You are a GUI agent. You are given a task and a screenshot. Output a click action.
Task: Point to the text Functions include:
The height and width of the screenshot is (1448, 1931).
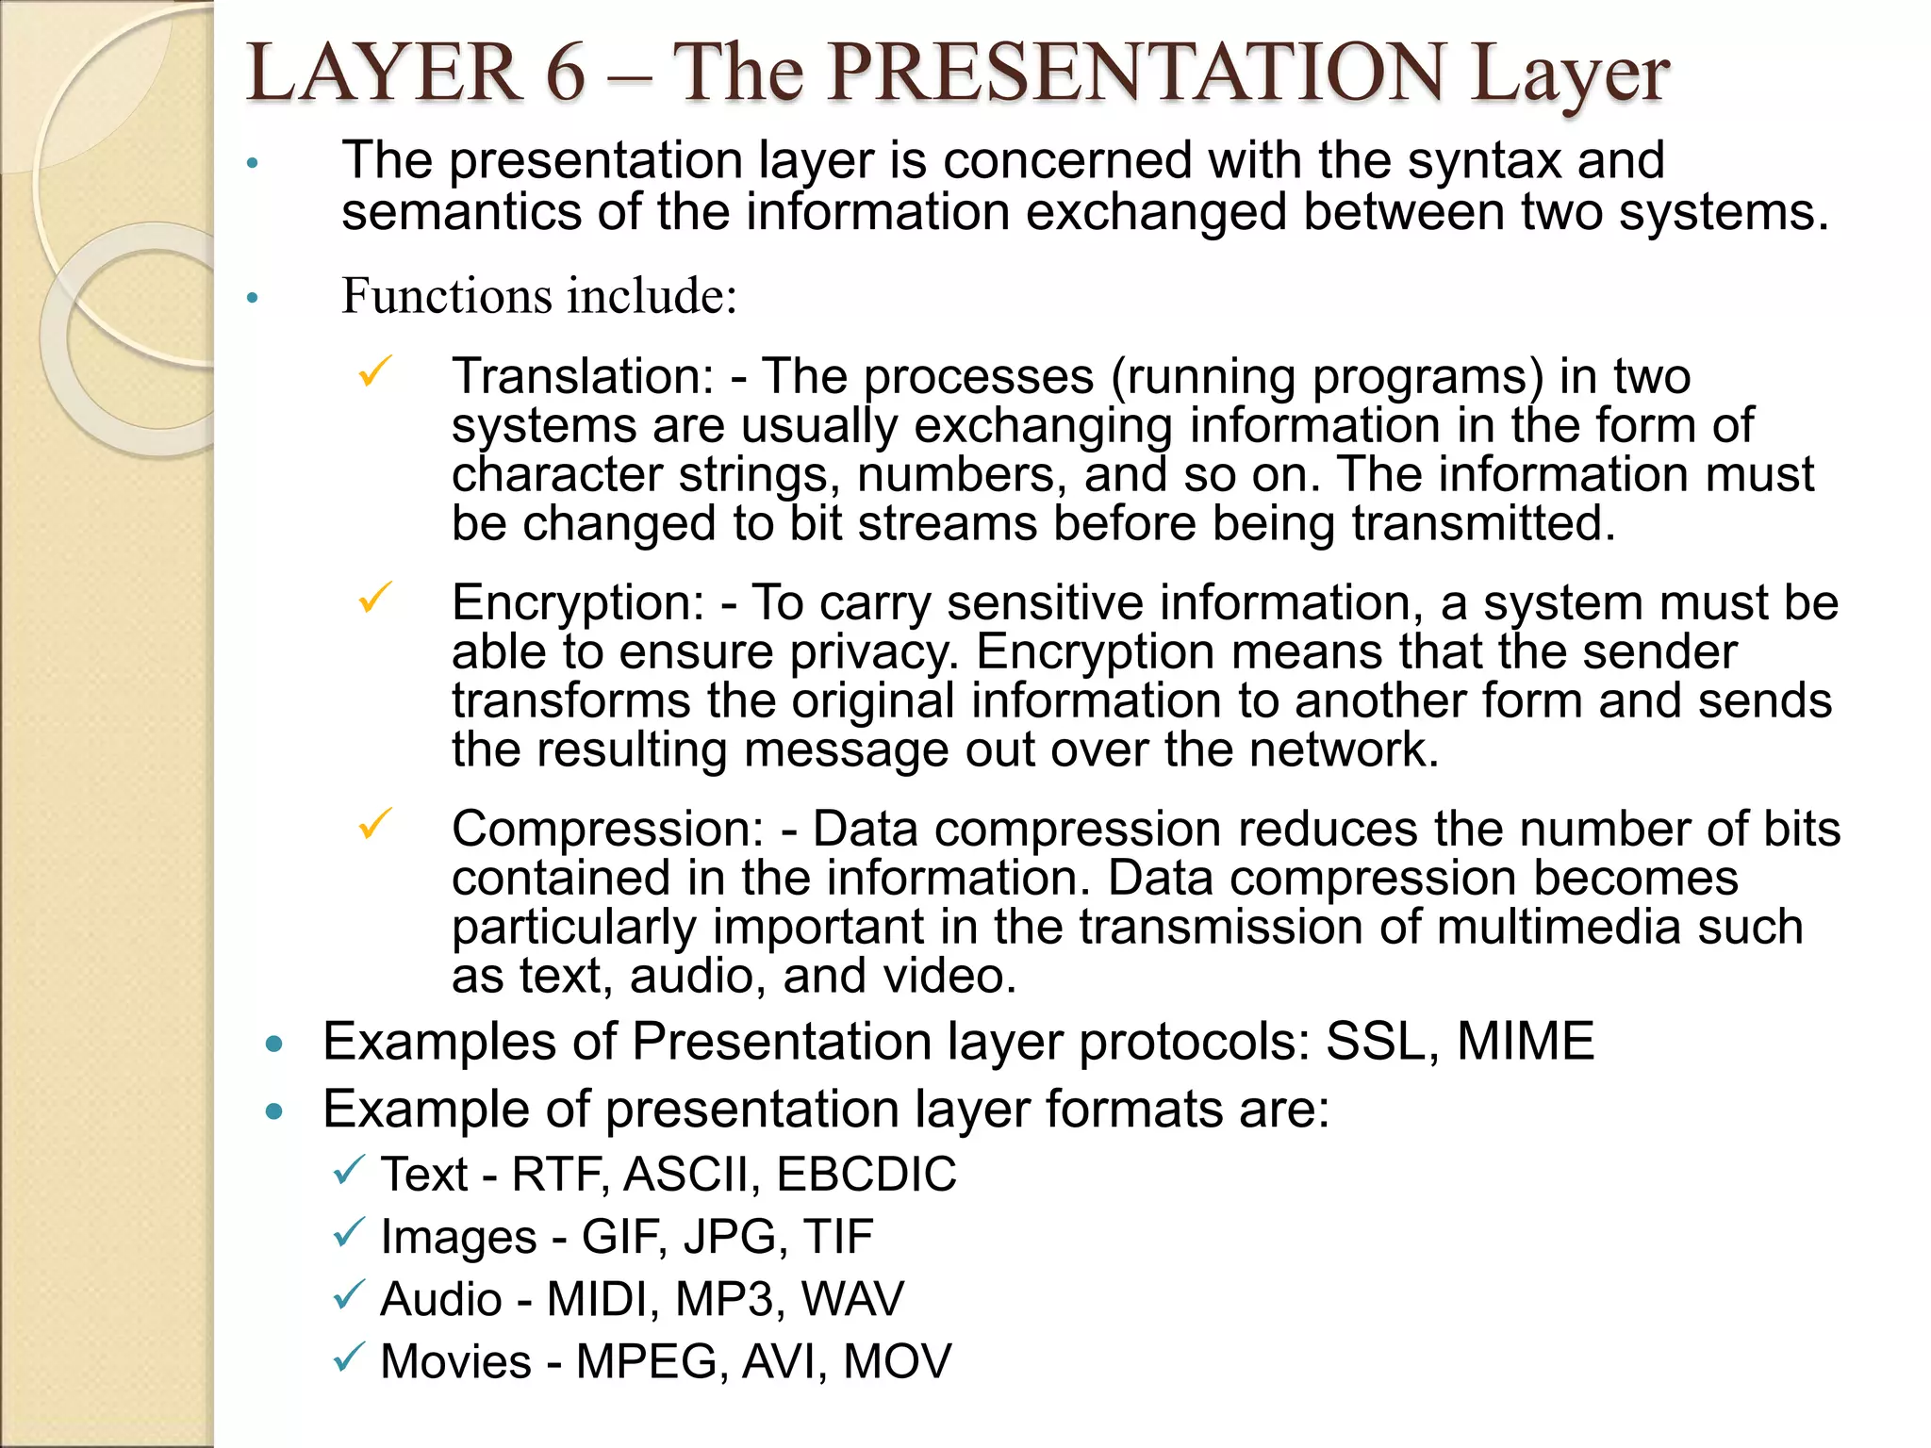click(538, 296)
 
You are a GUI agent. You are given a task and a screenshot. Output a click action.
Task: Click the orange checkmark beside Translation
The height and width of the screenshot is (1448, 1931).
click(374, 371)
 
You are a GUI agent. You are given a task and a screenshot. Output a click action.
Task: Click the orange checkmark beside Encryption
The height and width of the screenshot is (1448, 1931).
click(374, 598)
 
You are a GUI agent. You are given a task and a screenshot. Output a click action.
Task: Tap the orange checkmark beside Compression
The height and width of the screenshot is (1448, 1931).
click(374, 824)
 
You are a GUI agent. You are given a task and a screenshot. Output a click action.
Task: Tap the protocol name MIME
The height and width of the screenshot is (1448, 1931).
click(1525, 1042)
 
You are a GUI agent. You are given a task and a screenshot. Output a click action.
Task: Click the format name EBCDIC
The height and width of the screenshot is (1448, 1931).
click(866, 1175)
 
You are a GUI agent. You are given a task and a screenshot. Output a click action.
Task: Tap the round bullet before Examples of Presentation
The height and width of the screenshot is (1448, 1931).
click(274, 1044)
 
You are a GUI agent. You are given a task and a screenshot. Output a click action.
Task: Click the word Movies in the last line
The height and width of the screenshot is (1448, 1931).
click(456, 1361)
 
